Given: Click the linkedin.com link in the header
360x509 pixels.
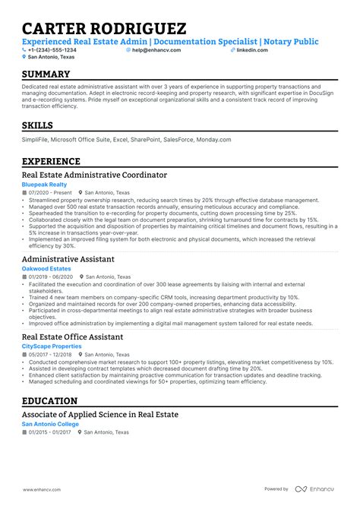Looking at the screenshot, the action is tap(252, 49).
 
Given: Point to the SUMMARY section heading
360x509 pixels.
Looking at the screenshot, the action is tap(46, 74).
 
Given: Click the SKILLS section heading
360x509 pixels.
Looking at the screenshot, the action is tap(38, 125).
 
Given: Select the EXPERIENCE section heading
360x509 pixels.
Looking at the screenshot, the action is tap(51, 161).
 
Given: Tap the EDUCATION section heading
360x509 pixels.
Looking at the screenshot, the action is tap(49, 400).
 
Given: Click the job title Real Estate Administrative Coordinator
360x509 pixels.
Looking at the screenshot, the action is tap(94, 175).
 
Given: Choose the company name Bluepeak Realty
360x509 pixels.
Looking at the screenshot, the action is tap(45, 185).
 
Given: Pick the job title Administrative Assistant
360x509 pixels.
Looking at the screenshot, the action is tap(68, 259).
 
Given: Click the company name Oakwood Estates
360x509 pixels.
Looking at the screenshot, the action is tap(46, 269).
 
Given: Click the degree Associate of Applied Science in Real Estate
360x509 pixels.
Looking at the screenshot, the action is tap(100, 414).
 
